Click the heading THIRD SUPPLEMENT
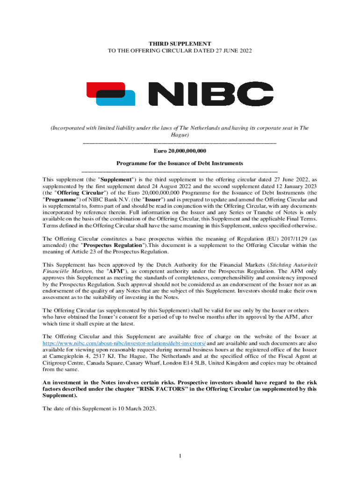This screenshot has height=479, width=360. (180, 44)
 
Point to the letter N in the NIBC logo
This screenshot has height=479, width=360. (166, 94)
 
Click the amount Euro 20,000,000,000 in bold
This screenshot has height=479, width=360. (180, 151)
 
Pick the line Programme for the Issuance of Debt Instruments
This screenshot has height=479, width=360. (180, 163)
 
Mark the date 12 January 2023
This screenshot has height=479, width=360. (294, 185)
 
